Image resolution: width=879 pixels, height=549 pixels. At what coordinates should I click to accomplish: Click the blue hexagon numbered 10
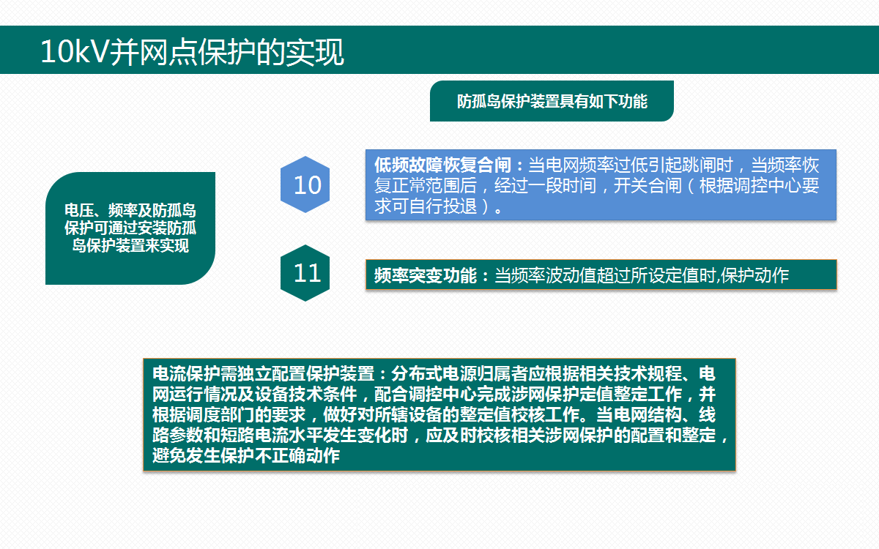pos(307,184)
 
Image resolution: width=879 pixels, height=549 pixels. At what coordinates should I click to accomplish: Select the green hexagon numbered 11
pos(307,273)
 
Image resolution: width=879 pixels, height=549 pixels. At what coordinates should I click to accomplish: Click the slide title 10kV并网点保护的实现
pos(192,53)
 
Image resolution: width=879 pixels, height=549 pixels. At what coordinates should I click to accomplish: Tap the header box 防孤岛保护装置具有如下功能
pos(552,101)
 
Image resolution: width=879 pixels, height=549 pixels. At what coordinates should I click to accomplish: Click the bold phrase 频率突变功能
pos(425,275)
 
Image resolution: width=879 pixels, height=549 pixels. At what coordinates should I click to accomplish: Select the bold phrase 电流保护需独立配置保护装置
pos(263,372)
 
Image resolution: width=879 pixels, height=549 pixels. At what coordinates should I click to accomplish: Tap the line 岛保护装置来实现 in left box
pos(130,246)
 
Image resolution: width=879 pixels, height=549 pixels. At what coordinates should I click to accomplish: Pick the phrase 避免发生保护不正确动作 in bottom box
pos(246,456)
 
